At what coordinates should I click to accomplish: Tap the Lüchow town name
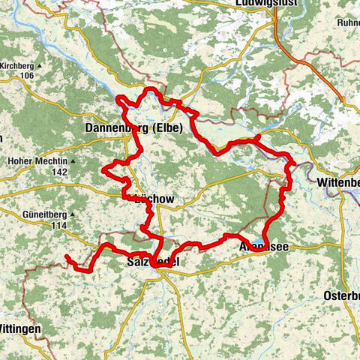click(153, 199)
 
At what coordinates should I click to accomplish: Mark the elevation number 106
click(29, 75)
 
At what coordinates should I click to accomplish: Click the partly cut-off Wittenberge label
click(338, 182)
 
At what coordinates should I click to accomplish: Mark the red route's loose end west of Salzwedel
click(67, 257)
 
